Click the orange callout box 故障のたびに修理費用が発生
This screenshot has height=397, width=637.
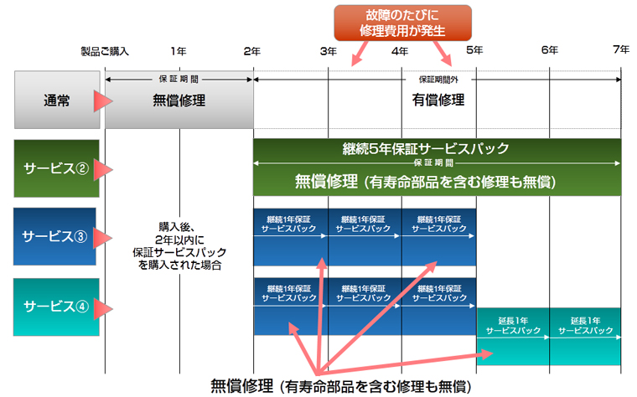pyautogui.click(x=402, y=23)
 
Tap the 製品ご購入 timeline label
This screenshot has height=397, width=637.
pyautogui.click(x=105, y=52)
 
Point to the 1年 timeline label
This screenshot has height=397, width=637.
pyautogui.click(x=179, y=51)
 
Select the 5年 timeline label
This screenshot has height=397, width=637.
pyautogui.click(x=474, y=50)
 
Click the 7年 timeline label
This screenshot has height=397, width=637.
pyautogui.click(x=621, y=49)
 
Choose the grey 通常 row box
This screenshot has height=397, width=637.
pyautogui.click(x=57, y=100)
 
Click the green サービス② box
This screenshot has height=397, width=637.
pyautogui.click(x=56, y=168)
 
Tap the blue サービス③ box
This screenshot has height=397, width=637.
pyautogui.click(x=54, y=236)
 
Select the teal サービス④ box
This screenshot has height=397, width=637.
pyautogui.click(x=56, y=307)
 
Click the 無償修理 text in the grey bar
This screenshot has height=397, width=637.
pyautogui.click(x=179, y=101)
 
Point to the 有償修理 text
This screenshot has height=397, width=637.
pyautogui.click(x=438, y=100)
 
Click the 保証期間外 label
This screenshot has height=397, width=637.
pyautogui.click(x=438, y=80)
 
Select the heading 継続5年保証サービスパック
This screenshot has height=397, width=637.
pyautogui.click(x=425, y=148)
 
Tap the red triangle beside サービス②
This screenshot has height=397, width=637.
pyautogui.click(x=103, y=170)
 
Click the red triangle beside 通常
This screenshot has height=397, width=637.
pyautogui.click(x=103, y=101)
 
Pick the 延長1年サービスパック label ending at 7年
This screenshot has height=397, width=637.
pyautogui.click(x=585, y=326)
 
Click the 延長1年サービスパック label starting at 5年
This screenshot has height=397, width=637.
pyautogui.click(x=513, y=326)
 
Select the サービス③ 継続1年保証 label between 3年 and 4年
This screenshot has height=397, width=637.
pyautogui.click(x=363, y=224)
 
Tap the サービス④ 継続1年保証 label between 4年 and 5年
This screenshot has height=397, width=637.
pyautogui.click(x=439, y=293)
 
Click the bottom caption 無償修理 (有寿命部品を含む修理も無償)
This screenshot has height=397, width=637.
pyautogui.click(x=341, y=386)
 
